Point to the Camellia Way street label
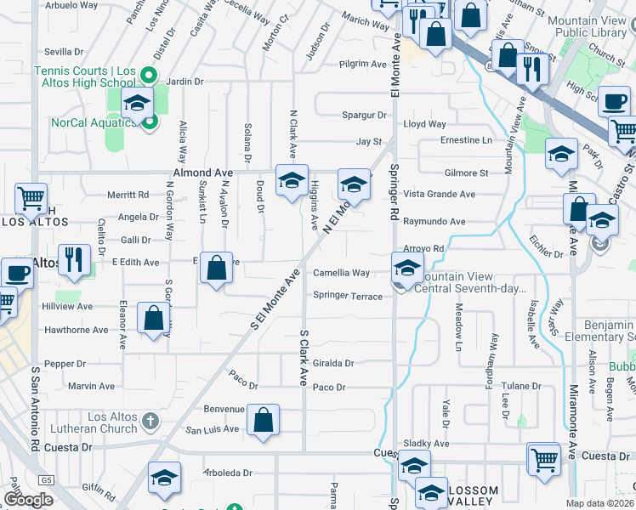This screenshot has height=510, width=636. pyautogui.click(x=341, y=273)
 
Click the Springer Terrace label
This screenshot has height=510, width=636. pyautogui.click(x=348, y=295)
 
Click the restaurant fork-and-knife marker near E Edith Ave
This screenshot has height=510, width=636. pyautogui.click(x=74, y=259)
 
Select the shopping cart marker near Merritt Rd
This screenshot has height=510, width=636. pyautogui.click(x=31, y=199)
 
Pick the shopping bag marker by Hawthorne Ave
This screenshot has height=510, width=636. pyautogui.click(x=154, y=319)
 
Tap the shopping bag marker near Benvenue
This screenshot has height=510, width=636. pyautogui.click(x=264, y=420)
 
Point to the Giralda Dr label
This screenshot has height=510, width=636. pyautogui.click(x=332, y=362)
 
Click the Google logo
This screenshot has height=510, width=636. pyautogui.click(x=28, y=500)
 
